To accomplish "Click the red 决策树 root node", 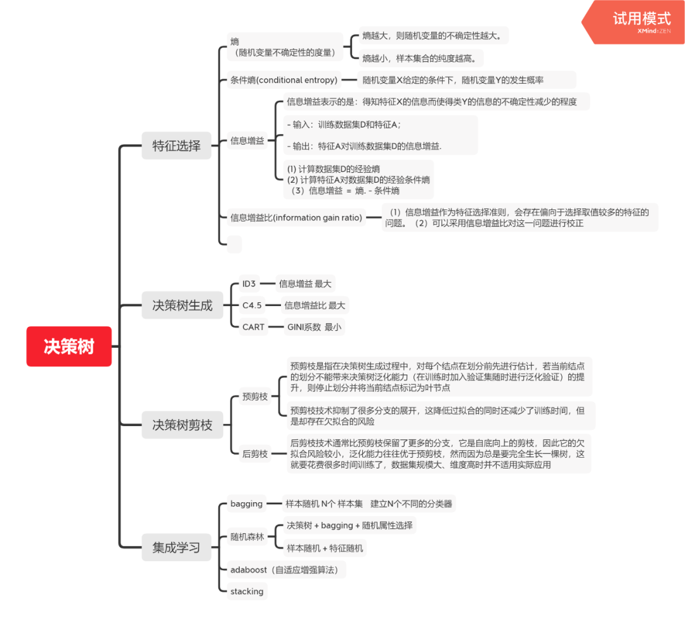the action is [x=68, y=347].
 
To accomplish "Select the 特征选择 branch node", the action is [x=176, y=145].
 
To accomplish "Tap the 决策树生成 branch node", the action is [x=182, y=305].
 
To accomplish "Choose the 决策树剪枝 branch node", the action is [x=182, y=425].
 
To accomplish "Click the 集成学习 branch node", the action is [x=176, y=547].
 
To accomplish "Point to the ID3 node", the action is [x=249, y=284].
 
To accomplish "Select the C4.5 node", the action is [x=252, y=305].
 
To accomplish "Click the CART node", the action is [x=253, y=327].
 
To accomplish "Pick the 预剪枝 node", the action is [x=255, y=397].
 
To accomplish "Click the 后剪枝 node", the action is [x=255, y=453].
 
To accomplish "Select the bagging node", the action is [x=246, y=503].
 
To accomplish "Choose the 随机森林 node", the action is [x=246, y=536].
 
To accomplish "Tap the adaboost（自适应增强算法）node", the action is [x=288, y=569].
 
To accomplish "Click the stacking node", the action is [x=247, y=591].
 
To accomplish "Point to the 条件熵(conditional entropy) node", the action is [x=284, y=80].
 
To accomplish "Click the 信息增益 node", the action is [x=247, y=140].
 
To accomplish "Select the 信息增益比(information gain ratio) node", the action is [x=296, y=218].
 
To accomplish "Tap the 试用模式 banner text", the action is [x=641, y=18].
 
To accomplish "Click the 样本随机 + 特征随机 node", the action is [x=325, y=548].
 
